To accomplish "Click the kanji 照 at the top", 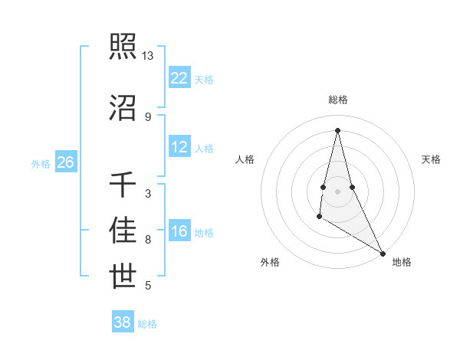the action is pos(123,47).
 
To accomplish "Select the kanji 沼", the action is pos(123,107).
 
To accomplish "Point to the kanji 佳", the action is pos(123,231).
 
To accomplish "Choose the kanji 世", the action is pos(123,277).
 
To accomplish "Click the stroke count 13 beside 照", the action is pos(147,56).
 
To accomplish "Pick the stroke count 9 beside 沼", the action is pos(148,116).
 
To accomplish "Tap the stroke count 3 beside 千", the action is pos(148,194).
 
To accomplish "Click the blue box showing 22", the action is pos(179,77).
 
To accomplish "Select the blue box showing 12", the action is pos(179,147).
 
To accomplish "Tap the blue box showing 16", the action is pos(179,232).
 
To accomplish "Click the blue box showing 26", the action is pos(66,162).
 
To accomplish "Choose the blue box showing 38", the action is pos(123,322).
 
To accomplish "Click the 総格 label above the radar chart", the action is pos(338,100).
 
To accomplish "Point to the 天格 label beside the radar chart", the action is pos(432,159).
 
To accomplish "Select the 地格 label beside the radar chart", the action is pos(402,262).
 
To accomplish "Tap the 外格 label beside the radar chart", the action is pos(270,262).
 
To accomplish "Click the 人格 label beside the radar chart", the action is pos(245,159).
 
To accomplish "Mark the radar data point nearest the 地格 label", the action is pos(383,254).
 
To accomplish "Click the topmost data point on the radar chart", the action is pos(337,130).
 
